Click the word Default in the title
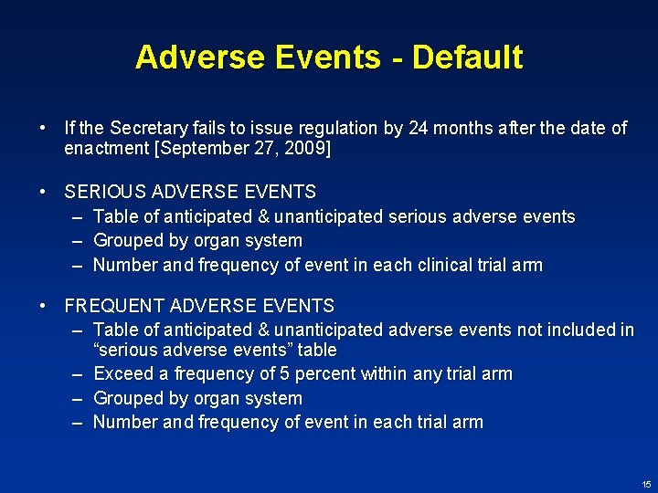click(468, 58)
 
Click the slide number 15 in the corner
click(646, 483)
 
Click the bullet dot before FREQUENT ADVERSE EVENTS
click(43, 306)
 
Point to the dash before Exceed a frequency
click(78, 373)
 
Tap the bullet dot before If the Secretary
click(43, 128)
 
